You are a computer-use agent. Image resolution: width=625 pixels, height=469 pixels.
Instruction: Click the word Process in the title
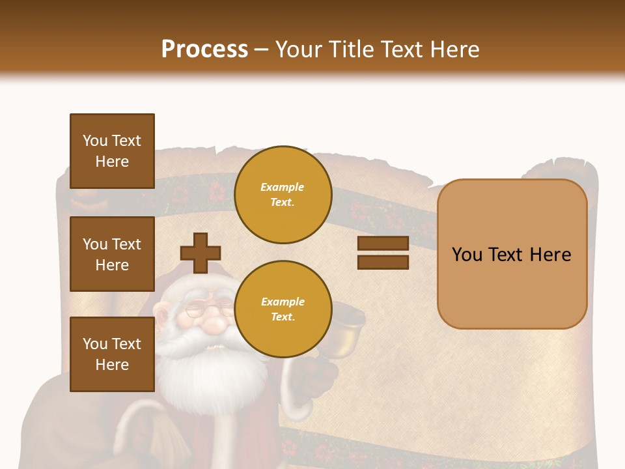204,49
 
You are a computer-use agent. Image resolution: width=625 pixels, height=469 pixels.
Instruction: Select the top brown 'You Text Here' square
112,151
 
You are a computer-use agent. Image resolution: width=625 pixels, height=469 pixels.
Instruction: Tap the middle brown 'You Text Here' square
112,254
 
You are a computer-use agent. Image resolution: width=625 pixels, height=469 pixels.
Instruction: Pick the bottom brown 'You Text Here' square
112,354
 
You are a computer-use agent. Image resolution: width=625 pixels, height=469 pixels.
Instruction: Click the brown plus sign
200,253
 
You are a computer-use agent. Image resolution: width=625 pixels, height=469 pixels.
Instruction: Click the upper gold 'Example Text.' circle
283,194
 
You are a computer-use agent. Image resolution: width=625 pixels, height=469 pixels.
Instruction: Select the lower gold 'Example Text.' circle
283,309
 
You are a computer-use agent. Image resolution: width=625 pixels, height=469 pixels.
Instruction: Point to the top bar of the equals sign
383,243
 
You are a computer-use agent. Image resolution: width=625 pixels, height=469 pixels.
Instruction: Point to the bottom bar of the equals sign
383,262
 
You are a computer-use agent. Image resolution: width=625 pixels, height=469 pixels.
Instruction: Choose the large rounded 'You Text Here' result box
512,254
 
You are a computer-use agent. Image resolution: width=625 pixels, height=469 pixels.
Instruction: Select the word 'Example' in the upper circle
283,187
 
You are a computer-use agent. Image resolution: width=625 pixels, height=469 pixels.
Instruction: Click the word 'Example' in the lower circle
283,302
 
